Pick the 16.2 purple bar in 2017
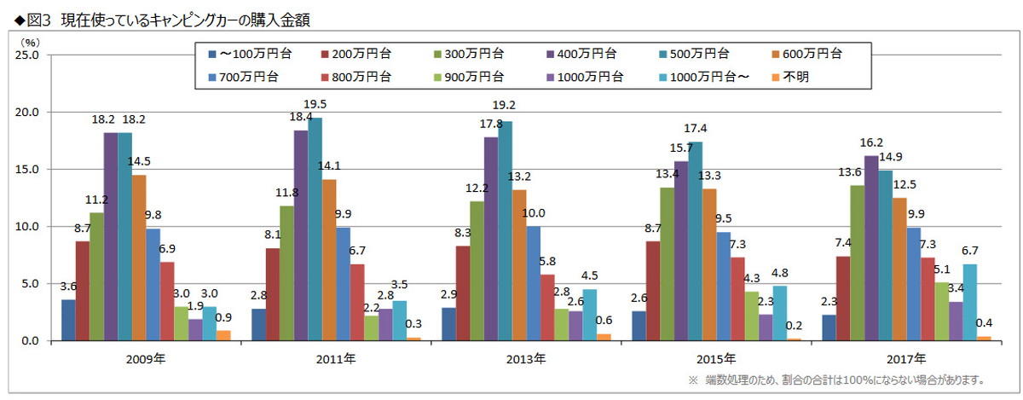[871, 247]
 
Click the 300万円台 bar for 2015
[667, 264]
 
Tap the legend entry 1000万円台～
[707, 76]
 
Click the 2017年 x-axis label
[906, 359]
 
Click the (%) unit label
[29, 40]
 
